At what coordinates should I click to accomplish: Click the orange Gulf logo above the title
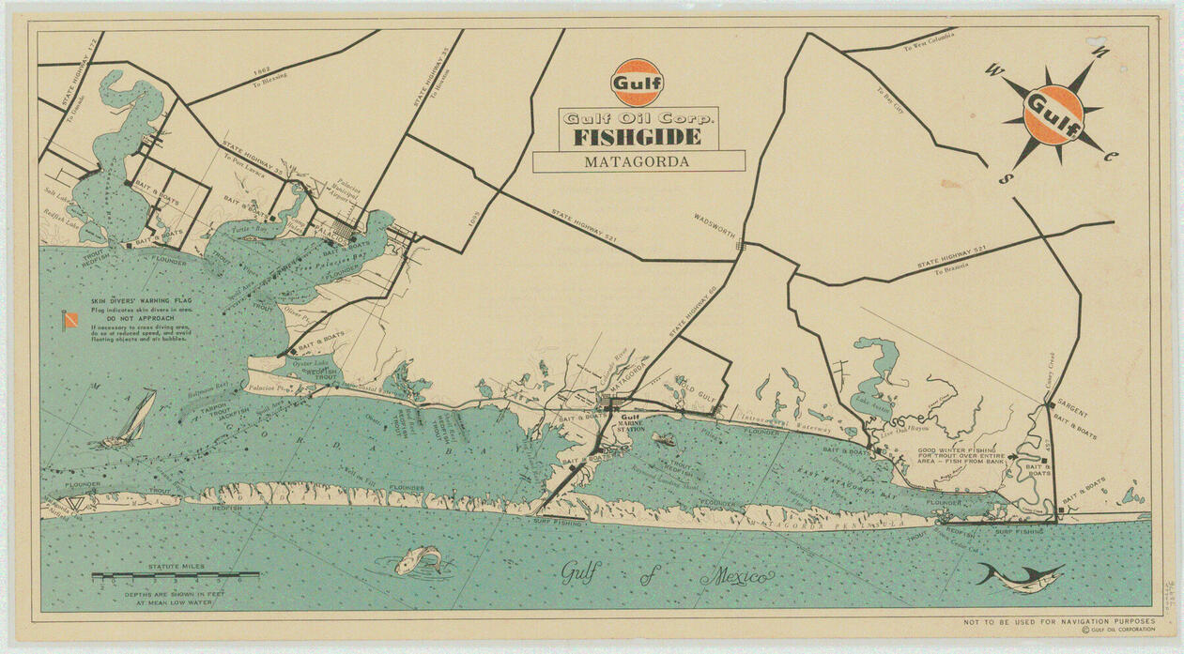(637, 82)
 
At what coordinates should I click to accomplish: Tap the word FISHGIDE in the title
(638, 137)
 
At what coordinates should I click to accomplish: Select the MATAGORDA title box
(638, 161)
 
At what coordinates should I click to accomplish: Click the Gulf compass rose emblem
(1052, 114)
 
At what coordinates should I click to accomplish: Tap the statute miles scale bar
(175, 574)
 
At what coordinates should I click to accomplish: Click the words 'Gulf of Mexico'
(668, 574)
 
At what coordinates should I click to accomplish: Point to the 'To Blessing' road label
(269, 78)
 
